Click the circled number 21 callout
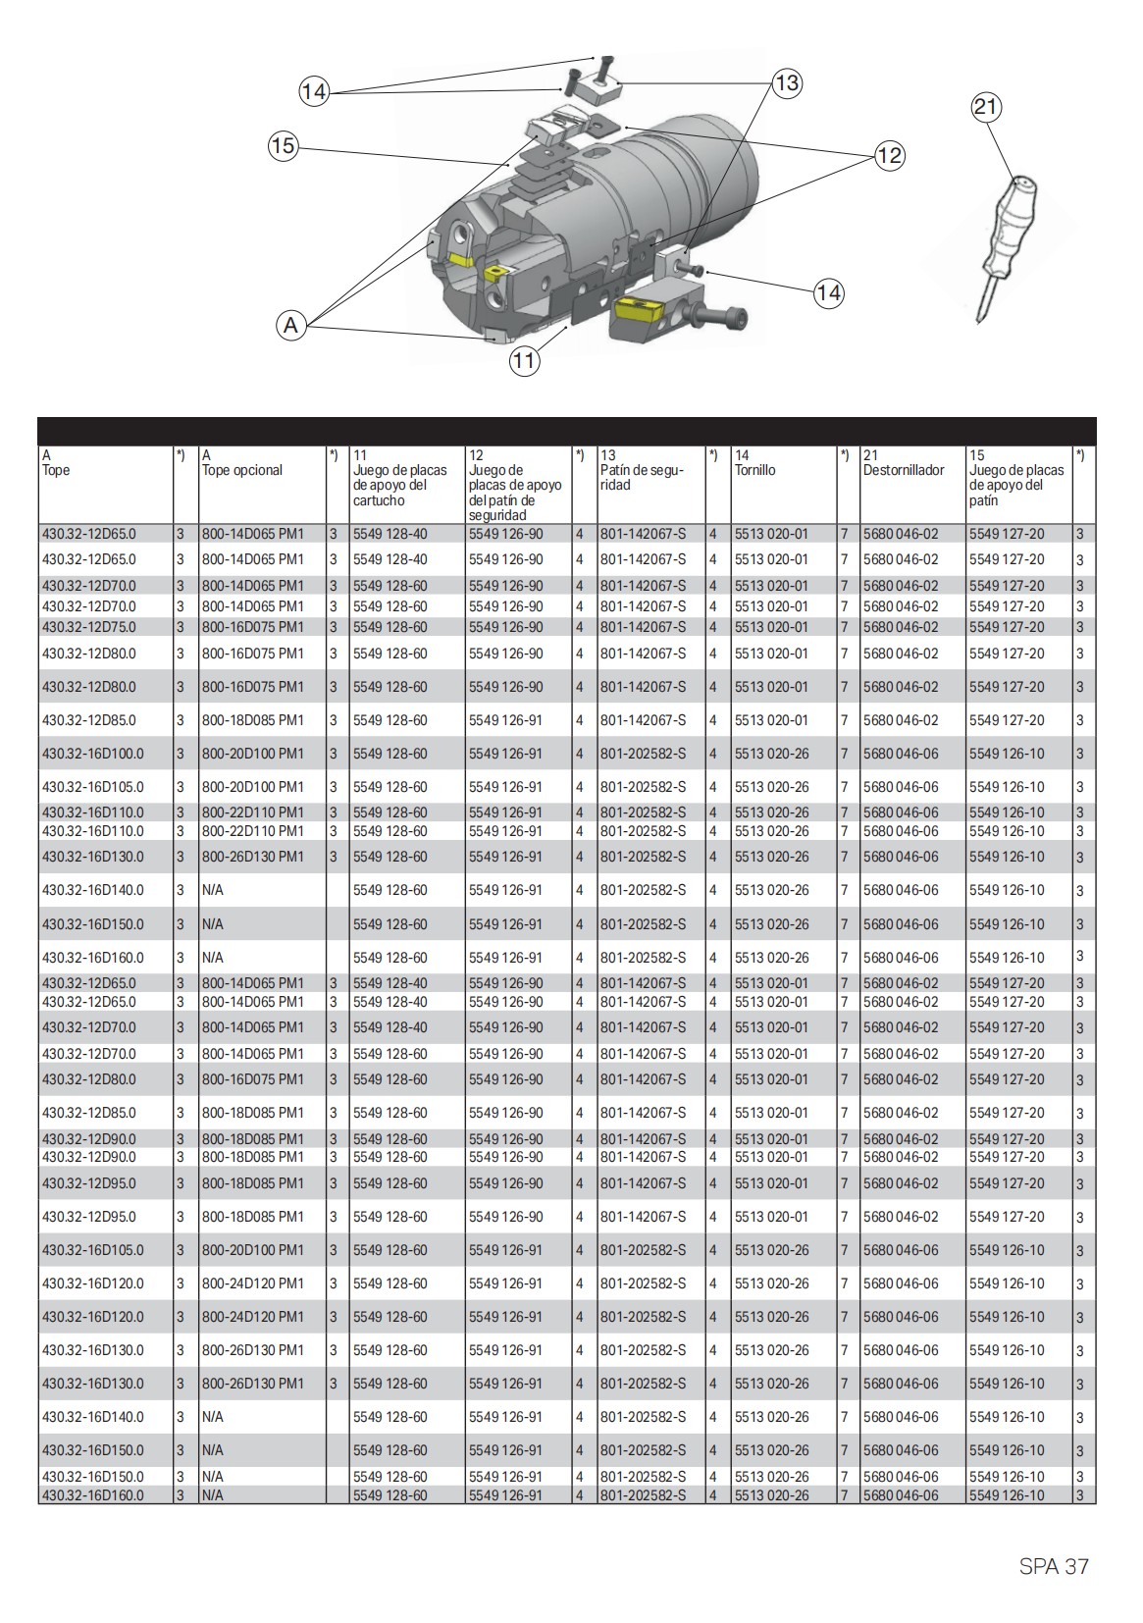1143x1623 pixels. (986, 106)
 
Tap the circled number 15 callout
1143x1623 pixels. (283, 146)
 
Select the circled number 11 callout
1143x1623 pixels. (524, 360)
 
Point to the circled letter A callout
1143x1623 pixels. (290, 325)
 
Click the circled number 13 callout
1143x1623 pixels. (787, 83)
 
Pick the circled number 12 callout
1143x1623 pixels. (889, 155)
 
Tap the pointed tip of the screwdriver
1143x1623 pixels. (980, 318)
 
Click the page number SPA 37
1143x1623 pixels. (1054, 1566)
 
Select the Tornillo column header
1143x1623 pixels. (755, 470)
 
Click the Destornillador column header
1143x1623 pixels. (903, 470)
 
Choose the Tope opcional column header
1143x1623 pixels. (242, 470)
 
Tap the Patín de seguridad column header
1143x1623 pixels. (643, 477)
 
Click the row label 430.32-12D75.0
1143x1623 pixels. (89, 627)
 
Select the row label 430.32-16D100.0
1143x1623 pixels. (92, 754)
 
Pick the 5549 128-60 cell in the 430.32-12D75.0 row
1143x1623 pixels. (390, 627)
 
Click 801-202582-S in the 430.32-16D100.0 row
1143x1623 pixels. (644, 754)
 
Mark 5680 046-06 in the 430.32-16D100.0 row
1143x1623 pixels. (901, 754)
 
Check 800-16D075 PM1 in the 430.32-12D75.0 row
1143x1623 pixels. (253, 627)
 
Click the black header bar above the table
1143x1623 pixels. (566, 431)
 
